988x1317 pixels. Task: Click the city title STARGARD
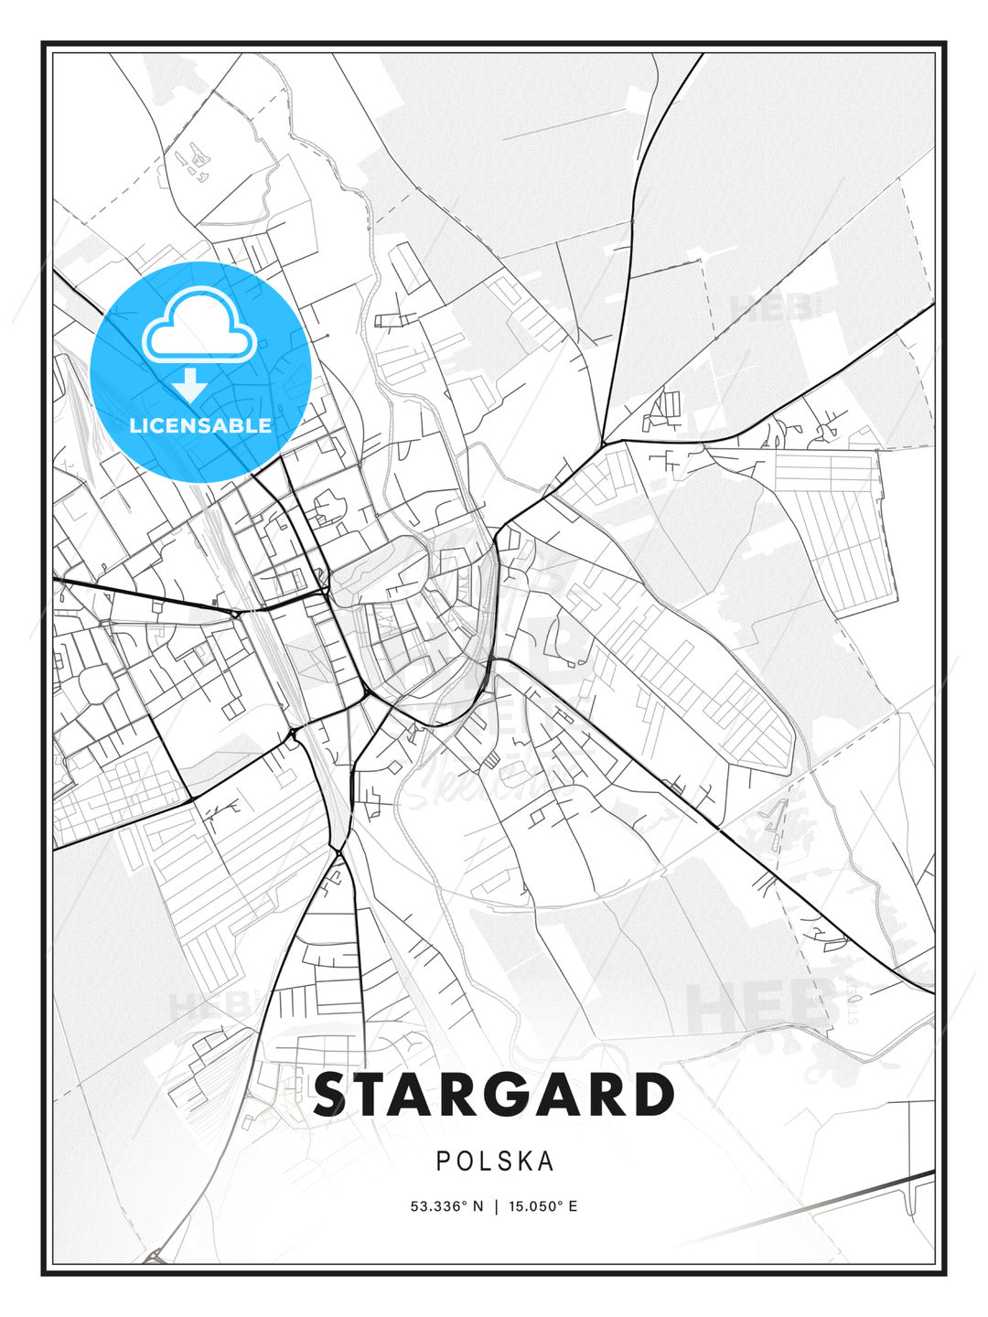click(494, 1095)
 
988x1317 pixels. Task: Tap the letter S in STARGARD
click(335, 1095)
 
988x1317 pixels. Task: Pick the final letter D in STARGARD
click(653, 1095)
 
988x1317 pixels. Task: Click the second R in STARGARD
click(607, 1095)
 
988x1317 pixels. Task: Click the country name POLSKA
click(495, 1162)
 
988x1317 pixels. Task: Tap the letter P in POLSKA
click(443, 1162)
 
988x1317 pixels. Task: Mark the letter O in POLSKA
click(464, 1162)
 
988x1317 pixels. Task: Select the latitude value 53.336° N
click(446, 1206)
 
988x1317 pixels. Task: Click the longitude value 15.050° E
click(542, 1206)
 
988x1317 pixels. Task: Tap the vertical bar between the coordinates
click(495, 1206)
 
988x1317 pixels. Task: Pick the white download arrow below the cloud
click(190, 384)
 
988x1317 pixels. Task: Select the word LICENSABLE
click(200, 425)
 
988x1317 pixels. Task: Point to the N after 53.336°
click(477, 1206)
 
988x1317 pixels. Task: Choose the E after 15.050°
click(574, 1206)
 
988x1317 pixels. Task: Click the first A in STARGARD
click(422, 1095)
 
